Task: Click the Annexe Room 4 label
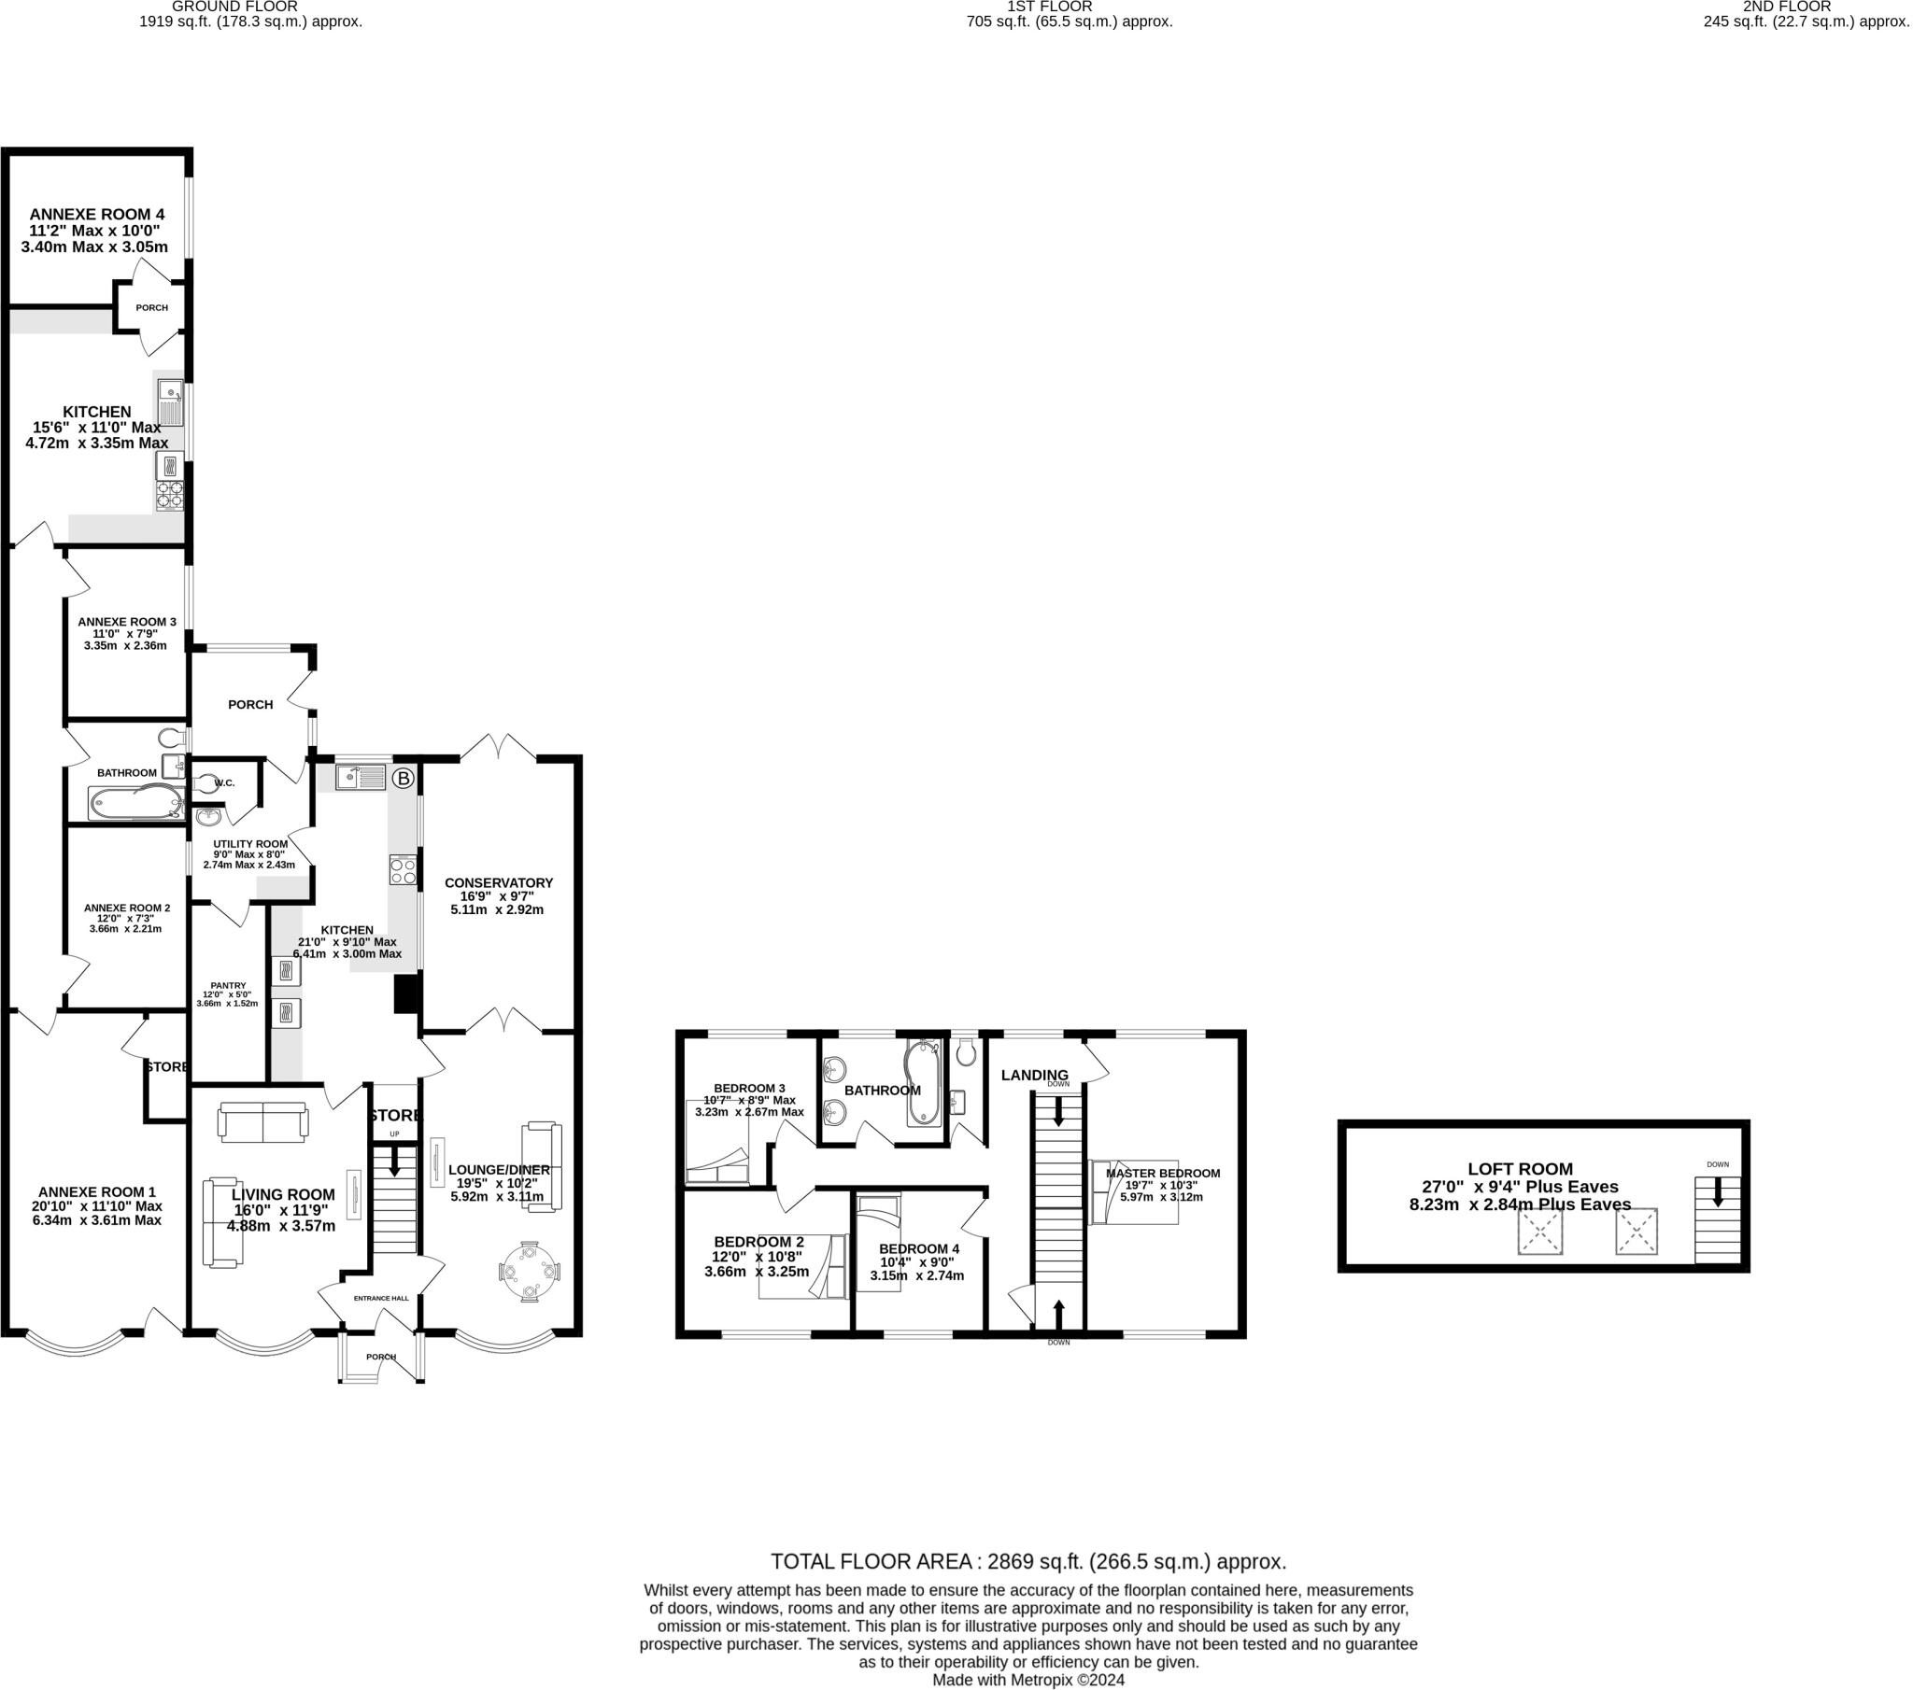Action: click(x=96, y=215)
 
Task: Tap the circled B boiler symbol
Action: click(x=403, y=779)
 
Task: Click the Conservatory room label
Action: click(x=498, y=882)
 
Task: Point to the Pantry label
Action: click(x=227, y=985)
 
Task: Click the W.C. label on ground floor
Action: click(x=224, y=783)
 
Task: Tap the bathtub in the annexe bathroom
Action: click(x=136, y=803)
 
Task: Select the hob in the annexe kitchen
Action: click(x=169, y=495)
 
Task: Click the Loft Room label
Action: click(x=1520, y=1169)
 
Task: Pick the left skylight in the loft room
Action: click(x=1540, y=1232)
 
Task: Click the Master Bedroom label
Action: click(x=1163, y=1174)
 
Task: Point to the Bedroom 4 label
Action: click(x=918, y=1248)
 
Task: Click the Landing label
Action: click(x=1034, y=1076)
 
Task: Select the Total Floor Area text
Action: click(x=1027, y=1561)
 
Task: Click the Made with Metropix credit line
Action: click(x=1027, y=1680)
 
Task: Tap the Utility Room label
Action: click(x=250, y=843)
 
